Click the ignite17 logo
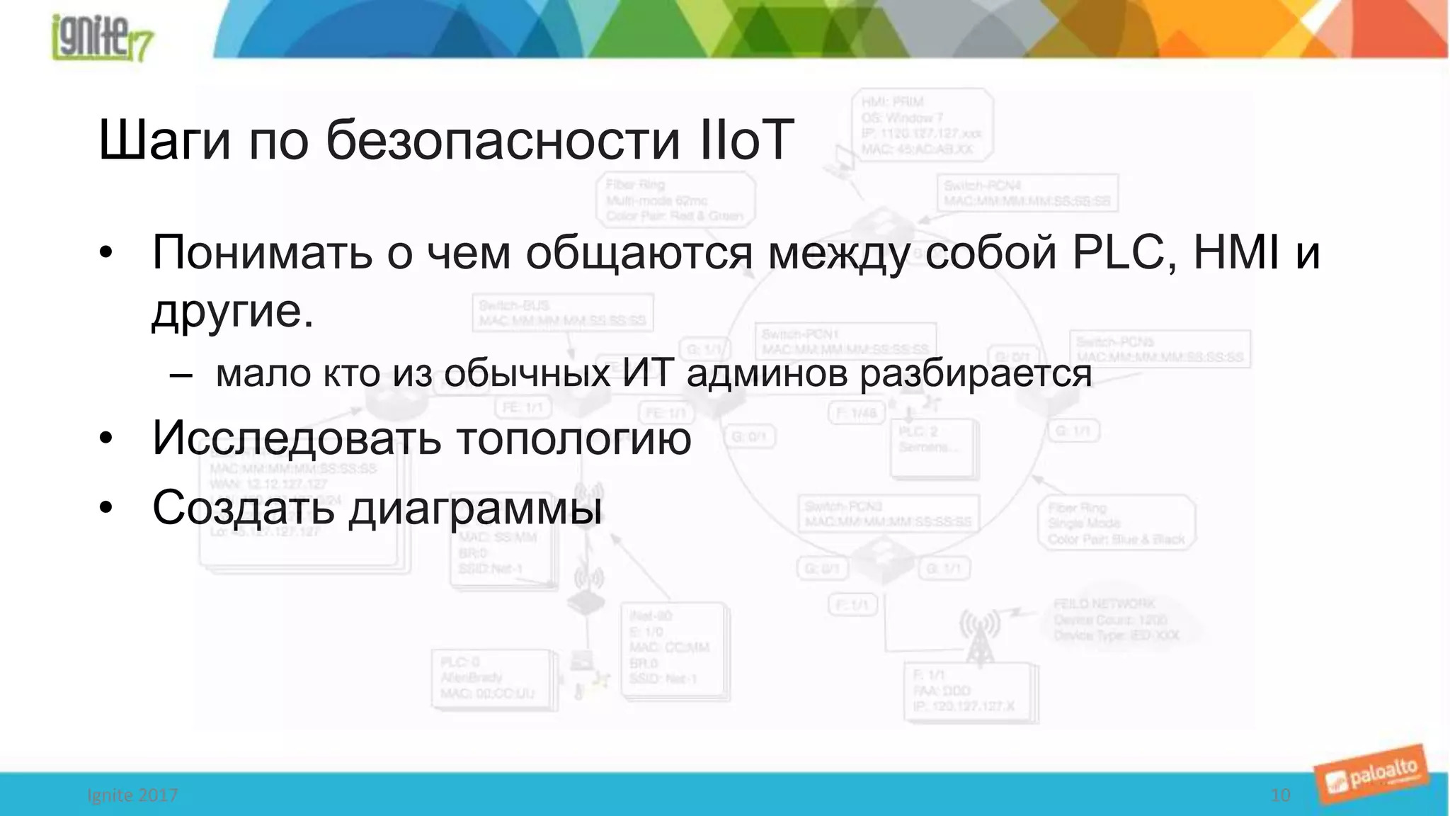(102, 37)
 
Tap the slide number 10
(1280, 795)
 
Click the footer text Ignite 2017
(132, 795)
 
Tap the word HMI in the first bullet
(1236, 252)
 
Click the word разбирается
(975, 374)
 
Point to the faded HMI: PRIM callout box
(921, 125)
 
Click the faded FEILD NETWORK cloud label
(1115, 620)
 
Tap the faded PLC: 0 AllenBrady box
(491, 679)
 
